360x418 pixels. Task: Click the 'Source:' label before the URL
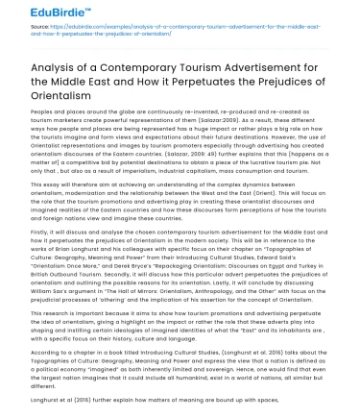coord(40,33)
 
